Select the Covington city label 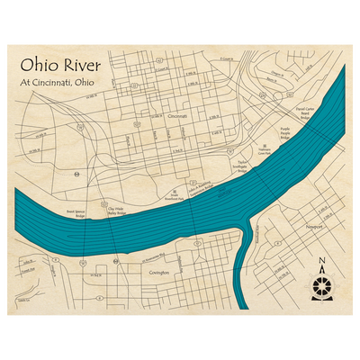coord(158,269)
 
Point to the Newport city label coord(314,227)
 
